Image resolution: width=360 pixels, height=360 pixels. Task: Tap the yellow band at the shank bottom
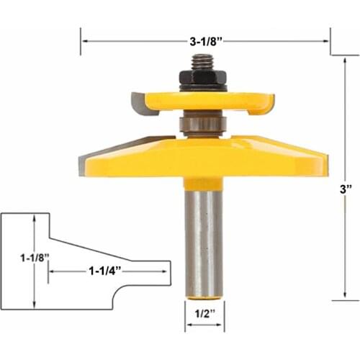coord(203,295)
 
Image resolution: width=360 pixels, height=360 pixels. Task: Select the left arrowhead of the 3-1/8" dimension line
coord(83,42)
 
